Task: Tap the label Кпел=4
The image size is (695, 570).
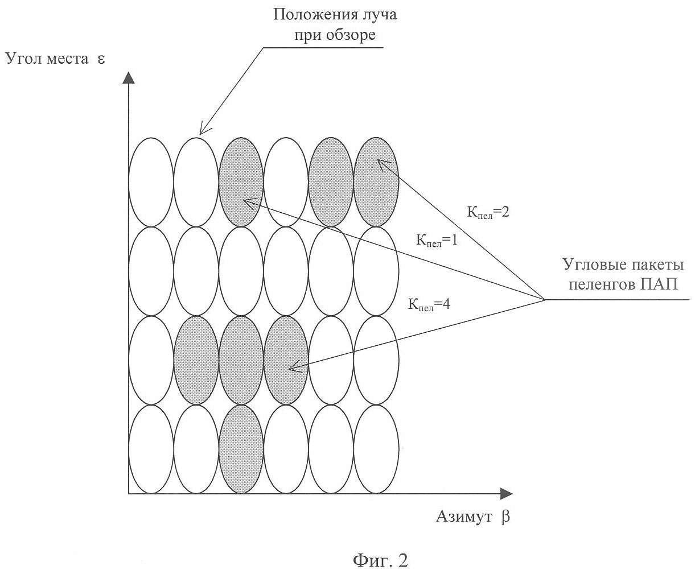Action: pos(429,304)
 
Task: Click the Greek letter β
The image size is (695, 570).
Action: pos(506,517)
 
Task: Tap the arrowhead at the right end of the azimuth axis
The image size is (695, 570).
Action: pos(507,493)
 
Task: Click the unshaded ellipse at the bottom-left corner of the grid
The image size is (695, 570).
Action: pos(151,449)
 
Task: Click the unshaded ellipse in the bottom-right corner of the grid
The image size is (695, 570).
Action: pos(376,449)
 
